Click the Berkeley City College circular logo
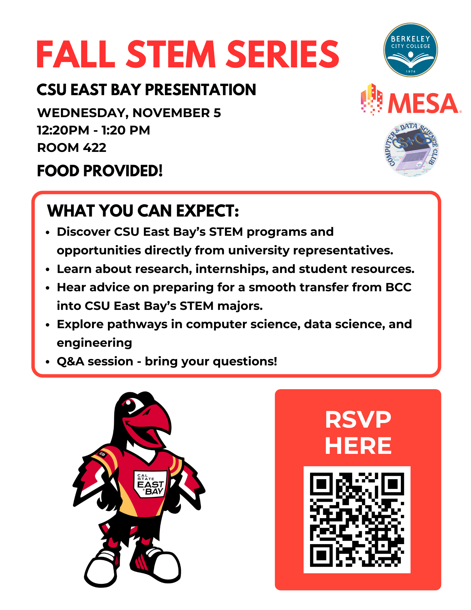410,50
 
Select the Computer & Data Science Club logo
411,149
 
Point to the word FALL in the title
76,54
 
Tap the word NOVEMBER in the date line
171,113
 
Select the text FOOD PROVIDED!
100,170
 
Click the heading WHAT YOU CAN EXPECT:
143,211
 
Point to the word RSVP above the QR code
358,419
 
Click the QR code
357,519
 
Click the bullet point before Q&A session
47,362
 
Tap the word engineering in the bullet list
95,343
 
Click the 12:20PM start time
63,130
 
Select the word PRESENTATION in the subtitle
200,90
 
